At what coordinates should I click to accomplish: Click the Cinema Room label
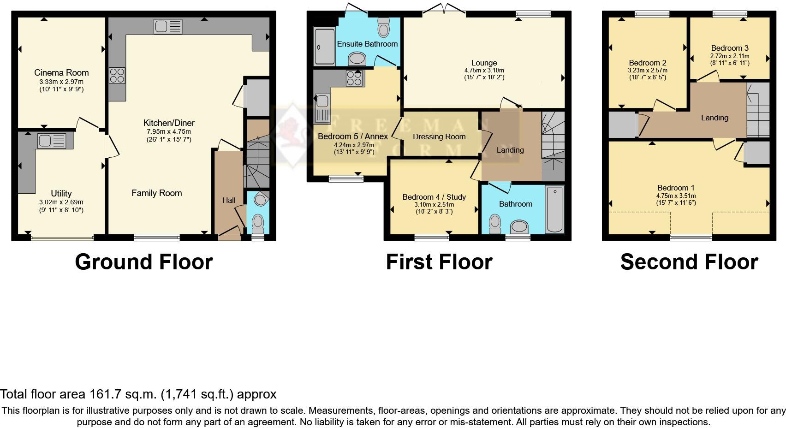tap(61, 72)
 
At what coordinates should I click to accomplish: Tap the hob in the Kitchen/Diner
tap(117, 76)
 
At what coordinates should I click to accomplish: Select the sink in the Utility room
tap(51, 141)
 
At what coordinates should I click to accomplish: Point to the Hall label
tap(229, 200)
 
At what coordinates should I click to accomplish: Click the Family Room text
tap(156, 193)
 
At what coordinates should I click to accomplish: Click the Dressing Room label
tap(439, 137)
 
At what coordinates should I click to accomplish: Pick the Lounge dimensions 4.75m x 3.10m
tap(484, 71)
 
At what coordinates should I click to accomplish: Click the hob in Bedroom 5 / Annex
tap(354, 77)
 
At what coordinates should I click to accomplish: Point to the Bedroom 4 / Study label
tap(434, 197)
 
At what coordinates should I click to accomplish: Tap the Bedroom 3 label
tap(730, 48)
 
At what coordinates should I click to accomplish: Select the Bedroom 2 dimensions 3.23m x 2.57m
tap(648, 71)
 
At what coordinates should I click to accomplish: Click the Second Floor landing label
tap(715, 118)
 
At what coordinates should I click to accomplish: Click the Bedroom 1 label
tap(676, 188)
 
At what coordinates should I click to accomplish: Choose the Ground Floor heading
tap(143, 262)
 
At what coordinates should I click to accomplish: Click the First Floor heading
tap(439, 262)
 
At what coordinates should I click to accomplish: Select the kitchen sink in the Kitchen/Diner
tap(168, 27)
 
